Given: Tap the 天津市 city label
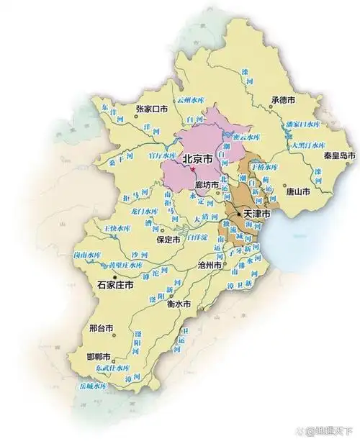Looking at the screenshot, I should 256,214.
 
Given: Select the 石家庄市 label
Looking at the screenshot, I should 115,285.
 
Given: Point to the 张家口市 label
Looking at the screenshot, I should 151,109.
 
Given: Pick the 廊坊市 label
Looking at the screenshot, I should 206,184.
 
